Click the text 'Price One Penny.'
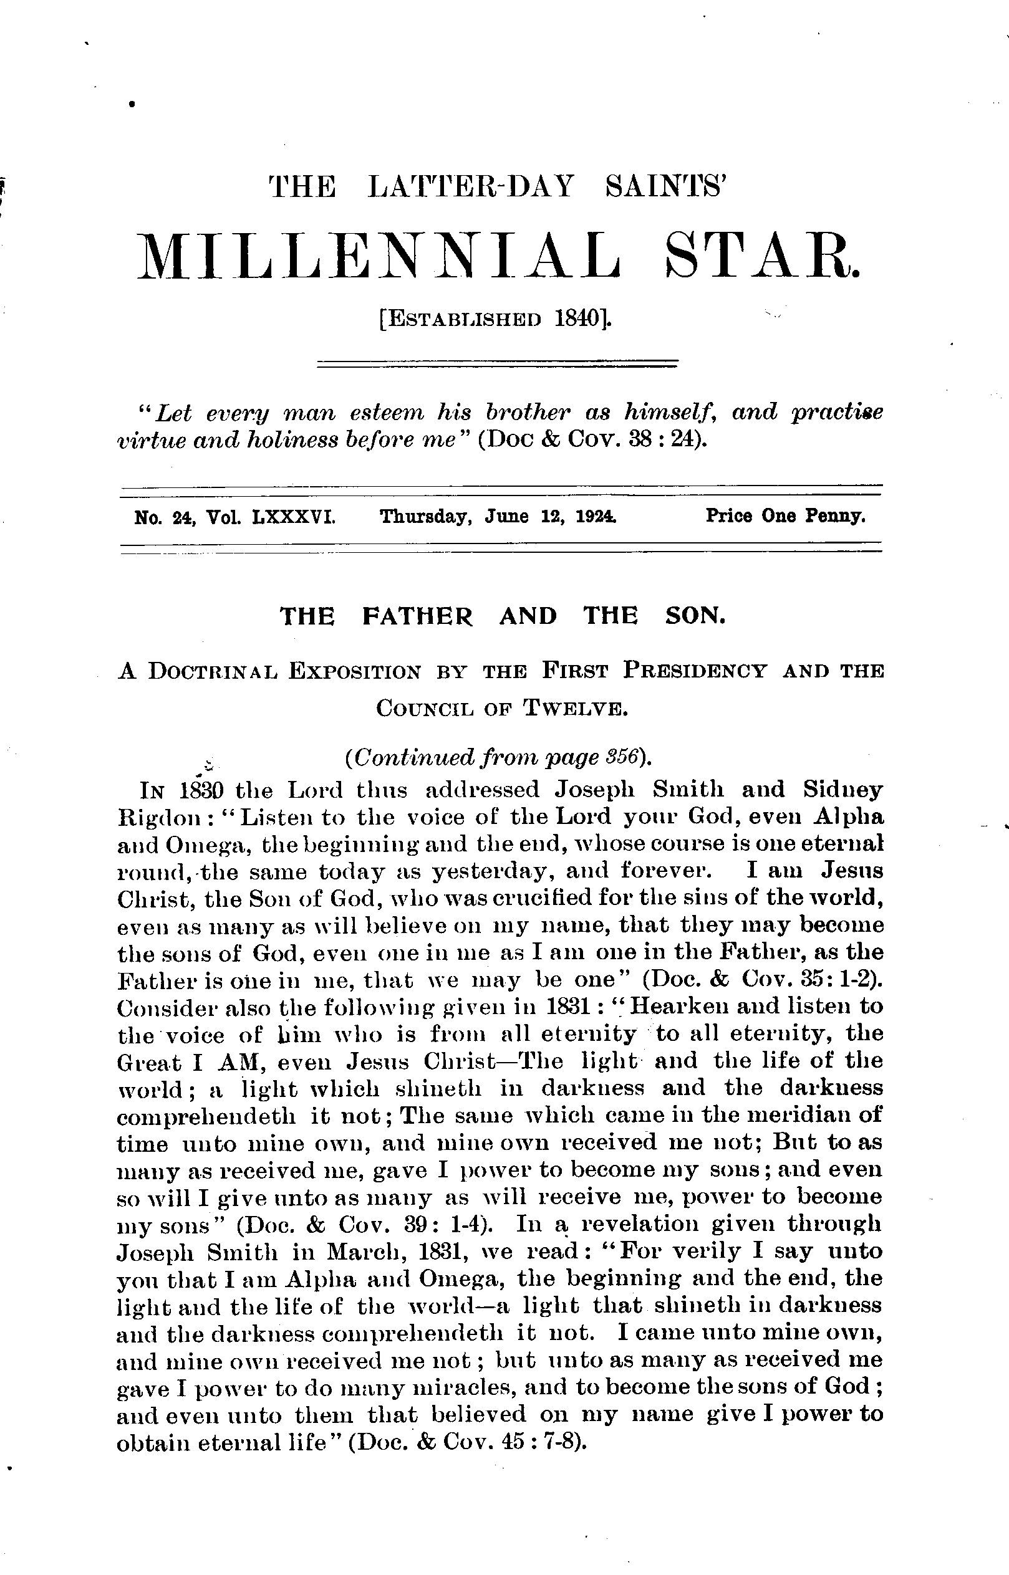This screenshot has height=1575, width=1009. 786,517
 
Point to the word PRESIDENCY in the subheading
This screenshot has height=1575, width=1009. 695,671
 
